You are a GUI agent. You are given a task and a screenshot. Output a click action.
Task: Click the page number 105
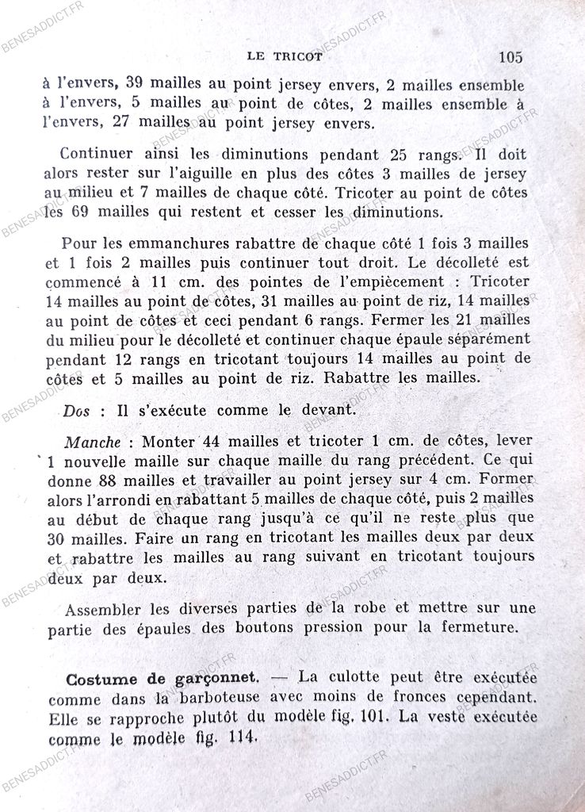click(510, 56)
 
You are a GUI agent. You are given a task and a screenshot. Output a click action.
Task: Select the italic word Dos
click(78, 412)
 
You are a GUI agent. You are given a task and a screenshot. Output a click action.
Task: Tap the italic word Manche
click(91, 440)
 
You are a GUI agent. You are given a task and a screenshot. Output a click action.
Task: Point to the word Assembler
click(101, 611)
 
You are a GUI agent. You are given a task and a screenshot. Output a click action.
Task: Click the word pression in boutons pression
click(335, 630)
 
